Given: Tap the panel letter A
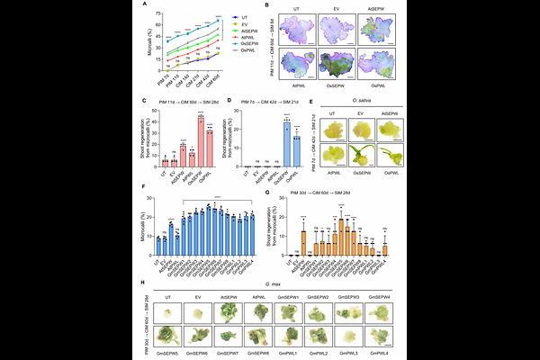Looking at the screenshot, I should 144,6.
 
